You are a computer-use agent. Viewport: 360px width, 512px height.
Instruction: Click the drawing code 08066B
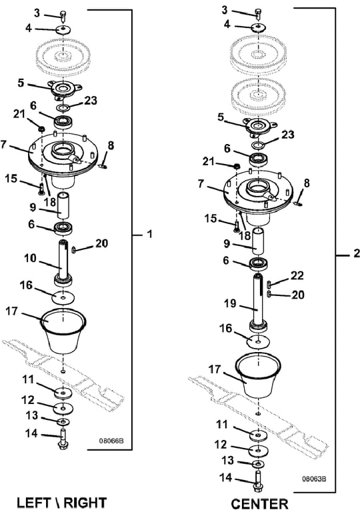pos(111,441)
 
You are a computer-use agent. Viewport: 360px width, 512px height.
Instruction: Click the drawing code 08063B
pos(314,479)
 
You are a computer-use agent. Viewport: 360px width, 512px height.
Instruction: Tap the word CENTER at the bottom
pos(260,504)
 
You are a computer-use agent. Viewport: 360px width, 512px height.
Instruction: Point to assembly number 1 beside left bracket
pos(150,234)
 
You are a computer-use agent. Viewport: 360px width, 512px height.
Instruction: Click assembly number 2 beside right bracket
pos(356,253)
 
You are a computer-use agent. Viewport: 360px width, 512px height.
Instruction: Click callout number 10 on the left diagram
pos(31,258)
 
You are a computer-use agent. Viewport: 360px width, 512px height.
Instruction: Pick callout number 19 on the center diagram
pos(230,303)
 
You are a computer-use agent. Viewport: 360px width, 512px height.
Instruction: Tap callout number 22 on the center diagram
pos(297,275)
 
